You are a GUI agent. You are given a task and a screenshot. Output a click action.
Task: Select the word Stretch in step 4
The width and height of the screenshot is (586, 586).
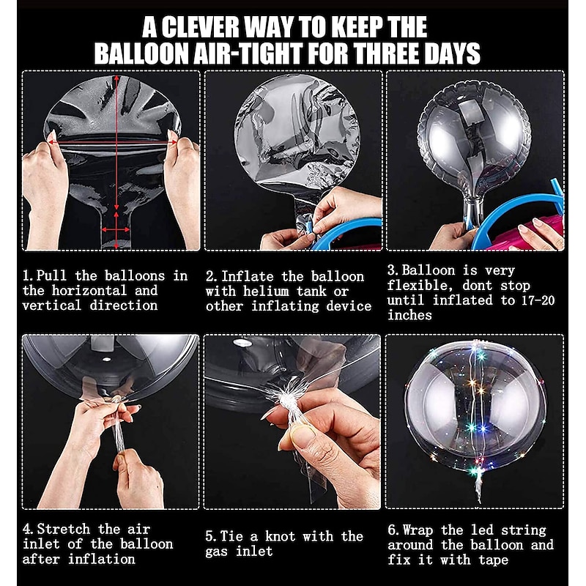pos(64,529)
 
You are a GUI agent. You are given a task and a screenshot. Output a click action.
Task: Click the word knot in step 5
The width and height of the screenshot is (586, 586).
pos(281,536)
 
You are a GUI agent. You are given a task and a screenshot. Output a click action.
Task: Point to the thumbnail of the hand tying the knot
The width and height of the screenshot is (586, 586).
pos(292,422)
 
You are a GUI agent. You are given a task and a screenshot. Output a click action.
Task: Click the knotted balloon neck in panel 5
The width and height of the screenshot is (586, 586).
pos(286,404)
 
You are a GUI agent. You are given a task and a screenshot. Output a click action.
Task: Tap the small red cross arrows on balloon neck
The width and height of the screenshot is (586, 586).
pos(116,229)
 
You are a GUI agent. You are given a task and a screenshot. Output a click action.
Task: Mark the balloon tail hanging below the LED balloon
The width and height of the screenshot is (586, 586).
pos(478,485)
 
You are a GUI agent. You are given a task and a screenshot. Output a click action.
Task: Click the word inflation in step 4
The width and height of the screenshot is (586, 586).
pos(101,559)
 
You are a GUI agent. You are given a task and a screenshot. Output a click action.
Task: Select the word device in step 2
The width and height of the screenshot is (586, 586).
pos(349,306)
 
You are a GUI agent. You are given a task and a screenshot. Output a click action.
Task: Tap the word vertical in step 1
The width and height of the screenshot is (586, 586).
pos(51,305)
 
